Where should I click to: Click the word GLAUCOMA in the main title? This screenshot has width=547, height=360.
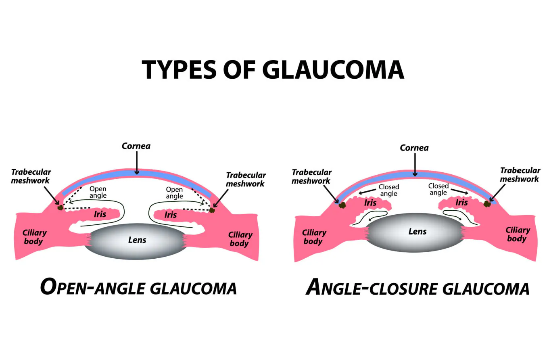[333, 69]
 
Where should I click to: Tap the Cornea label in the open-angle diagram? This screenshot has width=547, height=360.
[136, 146]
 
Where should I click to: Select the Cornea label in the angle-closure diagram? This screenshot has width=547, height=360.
[414, 148]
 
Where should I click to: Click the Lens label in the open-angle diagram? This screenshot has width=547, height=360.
[137, 240]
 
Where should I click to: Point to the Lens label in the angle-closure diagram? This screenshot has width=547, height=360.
[418, 231]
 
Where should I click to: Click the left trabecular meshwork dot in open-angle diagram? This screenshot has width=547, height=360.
[61, 207]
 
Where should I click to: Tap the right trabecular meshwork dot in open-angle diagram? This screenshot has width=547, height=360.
[211, 210]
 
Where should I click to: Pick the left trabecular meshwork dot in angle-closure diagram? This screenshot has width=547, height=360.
[342, 205]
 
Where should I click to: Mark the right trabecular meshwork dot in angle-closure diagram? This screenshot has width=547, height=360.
[487, 204]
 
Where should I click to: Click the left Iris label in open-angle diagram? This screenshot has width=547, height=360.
[100, 213]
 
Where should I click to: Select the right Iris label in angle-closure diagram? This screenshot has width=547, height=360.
[461, 202]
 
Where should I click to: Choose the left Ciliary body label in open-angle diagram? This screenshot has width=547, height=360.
[34, 237]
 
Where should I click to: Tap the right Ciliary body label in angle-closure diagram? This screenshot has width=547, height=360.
[518, 234]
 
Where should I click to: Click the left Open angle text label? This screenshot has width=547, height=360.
[98, 192]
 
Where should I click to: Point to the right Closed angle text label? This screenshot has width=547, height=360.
[438, 189]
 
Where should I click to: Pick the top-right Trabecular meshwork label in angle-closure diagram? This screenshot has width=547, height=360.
[520, 175]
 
